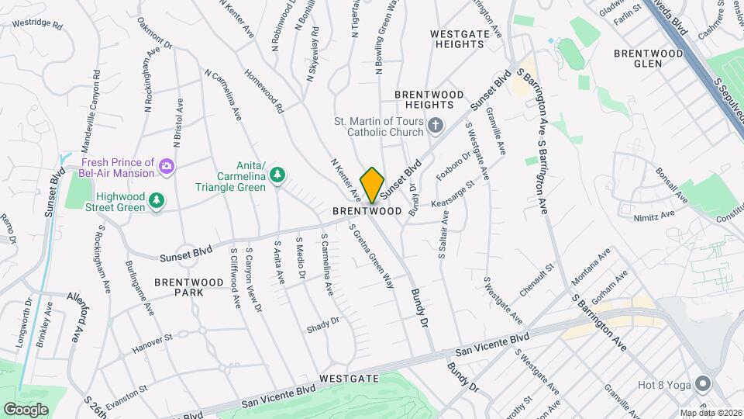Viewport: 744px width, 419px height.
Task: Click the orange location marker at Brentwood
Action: [x=372, y=185]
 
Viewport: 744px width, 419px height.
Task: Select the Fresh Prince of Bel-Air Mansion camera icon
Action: [x=166, y=166]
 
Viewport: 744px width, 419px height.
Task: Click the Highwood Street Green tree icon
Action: [x=157, y=201]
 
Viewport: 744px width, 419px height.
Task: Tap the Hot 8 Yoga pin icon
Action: [x=703, y=383]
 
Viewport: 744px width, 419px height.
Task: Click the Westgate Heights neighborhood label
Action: [x=457, y=39]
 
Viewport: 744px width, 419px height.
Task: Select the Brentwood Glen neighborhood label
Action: [x=648, y=58]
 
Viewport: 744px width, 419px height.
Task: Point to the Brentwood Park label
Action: [x=178, y=287]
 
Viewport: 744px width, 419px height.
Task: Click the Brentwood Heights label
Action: [x=429, y=99]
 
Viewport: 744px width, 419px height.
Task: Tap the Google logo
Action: [x=26, y=409]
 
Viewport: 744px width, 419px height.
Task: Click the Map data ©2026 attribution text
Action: [x=711, y=413]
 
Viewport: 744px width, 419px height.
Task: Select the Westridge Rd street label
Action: [x=37, y=23]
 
